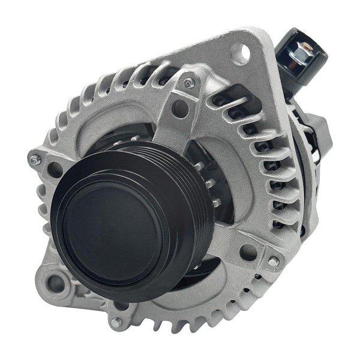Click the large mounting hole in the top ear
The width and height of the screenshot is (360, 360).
pyautogui.click(x=241, y=54)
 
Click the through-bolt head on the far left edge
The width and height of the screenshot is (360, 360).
pyautogui.click(x=35, y=160)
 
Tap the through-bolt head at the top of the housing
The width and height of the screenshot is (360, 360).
pyautogui.click(x=189, y=82)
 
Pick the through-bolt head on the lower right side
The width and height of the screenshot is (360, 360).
pyautogui.click(x=273, y=262)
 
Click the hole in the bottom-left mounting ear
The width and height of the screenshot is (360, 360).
pyautogui.click(x=55, y=283)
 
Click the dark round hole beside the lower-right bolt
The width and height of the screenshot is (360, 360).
pyautogui.click(x=248, y=252)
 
